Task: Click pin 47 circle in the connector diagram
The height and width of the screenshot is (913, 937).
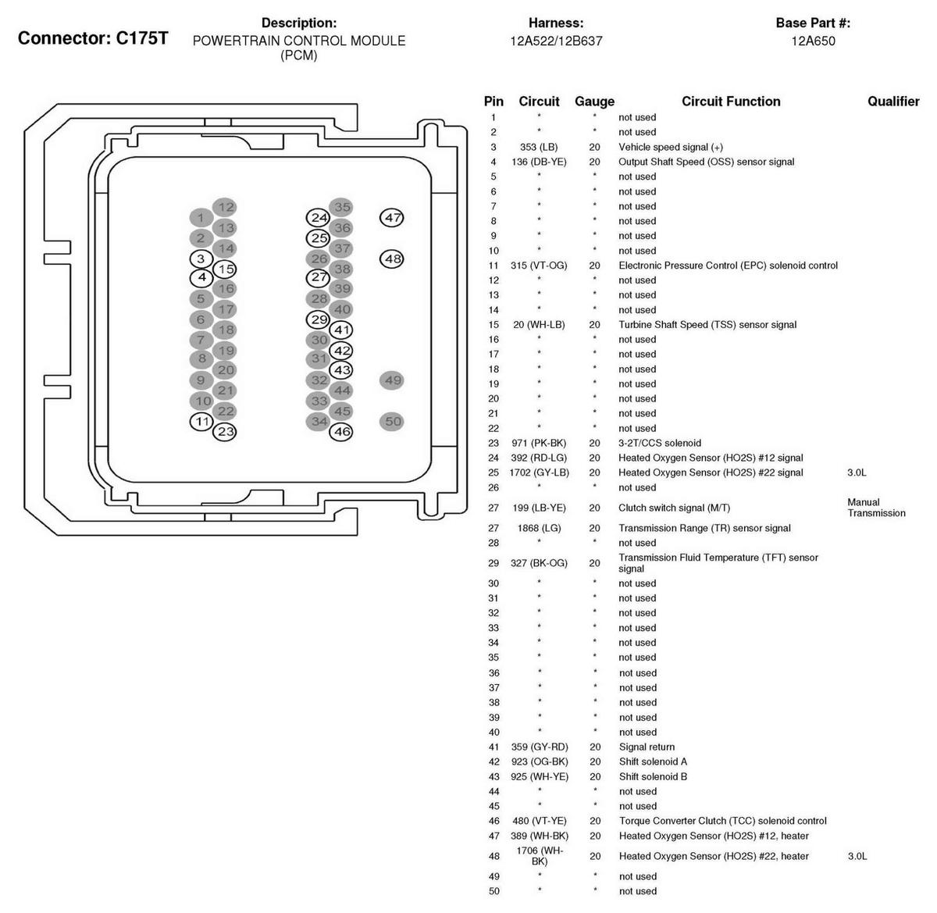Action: [x=392, y=218]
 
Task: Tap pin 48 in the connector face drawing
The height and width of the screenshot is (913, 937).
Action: [x=392, y=259]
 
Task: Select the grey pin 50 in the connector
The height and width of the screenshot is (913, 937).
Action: [x=392, y=422]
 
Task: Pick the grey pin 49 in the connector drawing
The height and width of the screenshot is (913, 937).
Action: [x=392, y=380]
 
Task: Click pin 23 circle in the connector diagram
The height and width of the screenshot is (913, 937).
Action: [x=225, y=431]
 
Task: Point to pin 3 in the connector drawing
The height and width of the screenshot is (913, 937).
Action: [x=201, y=259]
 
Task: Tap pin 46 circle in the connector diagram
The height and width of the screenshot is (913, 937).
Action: [x=342, y=431]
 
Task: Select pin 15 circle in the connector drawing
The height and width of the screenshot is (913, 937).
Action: [x=225, y=269]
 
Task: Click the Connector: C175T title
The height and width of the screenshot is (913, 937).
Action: [x=92, y=38]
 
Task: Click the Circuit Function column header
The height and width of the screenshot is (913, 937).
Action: [x=731, y=102]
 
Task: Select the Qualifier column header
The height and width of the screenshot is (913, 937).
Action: [x=893, y=102]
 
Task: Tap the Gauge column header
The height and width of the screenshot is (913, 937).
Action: [x=594, y=102]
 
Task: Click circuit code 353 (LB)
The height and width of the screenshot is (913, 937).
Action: [x=539, y=147]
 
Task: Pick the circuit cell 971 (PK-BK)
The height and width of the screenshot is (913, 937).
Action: [x=539, y=443]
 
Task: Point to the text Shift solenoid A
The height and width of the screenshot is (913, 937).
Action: [x=653, y=761]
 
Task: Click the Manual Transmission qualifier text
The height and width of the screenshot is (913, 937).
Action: [x=876, y=508]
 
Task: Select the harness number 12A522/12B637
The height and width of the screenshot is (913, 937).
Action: [x=556, y=41]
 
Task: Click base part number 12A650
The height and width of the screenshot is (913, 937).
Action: [x=813, y=41]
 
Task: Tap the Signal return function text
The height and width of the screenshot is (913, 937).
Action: [x=647, y=747]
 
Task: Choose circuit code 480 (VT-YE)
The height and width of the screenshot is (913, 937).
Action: [x=539, y=821]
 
